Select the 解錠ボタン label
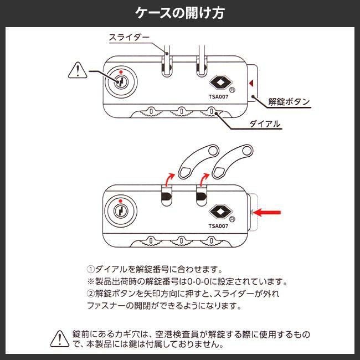[289, 102]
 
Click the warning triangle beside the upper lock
[77, 70]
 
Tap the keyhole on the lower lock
[121, 210]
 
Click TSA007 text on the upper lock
[219, 95]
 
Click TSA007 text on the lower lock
[219, 225]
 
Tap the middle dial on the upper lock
[179, 113]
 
